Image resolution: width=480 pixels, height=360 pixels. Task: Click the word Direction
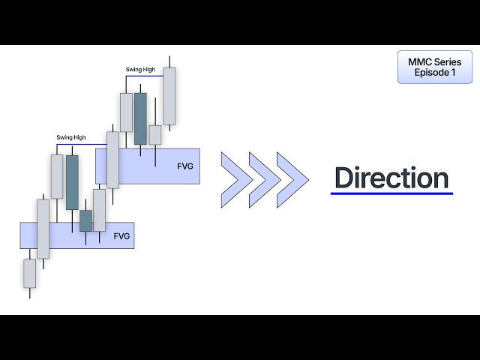391,178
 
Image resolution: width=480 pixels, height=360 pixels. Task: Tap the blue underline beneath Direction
391,193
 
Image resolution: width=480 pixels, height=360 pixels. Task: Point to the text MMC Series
435,61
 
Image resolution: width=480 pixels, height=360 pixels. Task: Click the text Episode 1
435,73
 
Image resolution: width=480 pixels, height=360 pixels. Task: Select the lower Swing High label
71,137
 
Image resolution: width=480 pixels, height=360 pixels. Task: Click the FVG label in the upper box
184,166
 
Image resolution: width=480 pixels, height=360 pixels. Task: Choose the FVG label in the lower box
121,235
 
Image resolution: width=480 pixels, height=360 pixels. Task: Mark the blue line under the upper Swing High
146,76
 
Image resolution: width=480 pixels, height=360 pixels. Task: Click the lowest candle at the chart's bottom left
29,273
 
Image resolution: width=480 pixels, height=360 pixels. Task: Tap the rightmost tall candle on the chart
169,96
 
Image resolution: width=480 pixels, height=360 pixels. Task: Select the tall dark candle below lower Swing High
72,182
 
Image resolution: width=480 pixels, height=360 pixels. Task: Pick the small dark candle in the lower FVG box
85,220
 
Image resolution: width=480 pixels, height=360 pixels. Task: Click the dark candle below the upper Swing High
140,118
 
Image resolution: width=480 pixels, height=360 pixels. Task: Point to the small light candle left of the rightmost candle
155,134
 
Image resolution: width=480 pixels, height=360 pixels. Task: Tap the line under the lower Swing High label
88,143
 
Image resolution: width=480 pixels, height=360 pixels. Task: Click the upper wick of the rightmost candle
170,61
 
